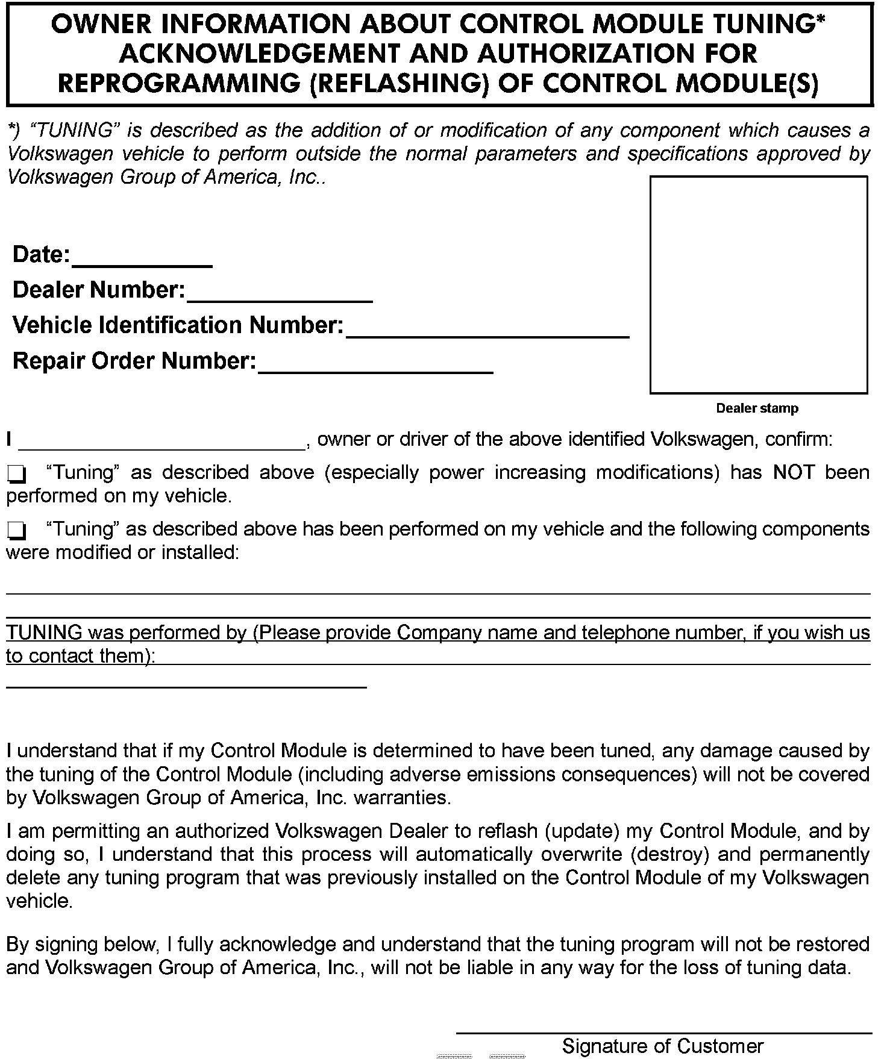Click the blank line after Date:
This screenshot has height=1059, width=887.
click(x=142, y=259)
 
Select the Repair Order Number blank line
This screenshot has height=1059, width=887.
click(x=375, y=366)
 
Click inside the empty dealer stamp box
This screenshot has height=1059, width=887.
click(x=759, y=284)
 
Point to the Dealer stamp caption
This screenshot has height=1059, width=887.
click(x=757, y=408)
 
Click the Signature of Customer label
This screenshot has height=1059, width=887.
click(x=663, y=1046)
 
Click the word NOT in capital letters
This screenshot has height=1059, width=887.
click(x=794, y=472)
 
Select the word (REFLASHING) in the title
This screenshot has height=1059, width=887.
click(x=398, y=83)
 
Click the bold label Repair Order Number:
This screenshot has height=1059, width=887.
click(x=134, y=361)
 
